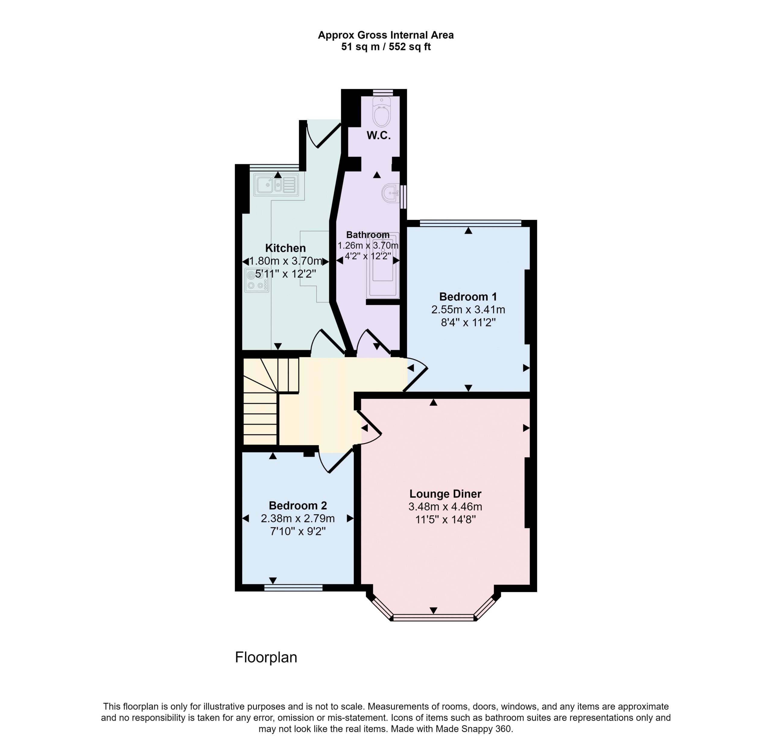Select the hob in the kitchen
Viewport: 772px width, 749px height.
point(257,280)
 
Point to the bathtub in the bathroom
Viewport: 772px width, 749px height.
point(383,265)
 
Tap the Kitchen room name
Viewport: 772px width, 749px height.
point(286,248)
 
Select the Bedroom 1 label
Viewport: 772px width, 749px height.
point(468,297)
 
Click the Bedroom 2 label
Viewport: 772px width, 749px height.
point(298,506)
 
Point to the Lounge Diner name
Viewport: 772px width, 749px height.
point(445,494)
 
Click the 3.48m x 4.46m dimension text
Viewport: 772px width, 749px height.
point(445,507)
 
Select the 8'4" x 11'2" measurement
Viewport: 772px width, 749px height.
point(468,323)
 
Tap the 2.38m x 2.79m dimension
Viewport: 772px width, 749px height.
point(298,519)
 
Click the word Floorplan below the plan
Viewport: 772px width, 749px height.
point(266,657)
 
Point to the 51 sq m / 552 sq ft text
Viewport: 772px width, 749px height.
point(386,47)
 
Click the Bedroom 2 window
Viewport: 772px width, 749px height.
point(293,588)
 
